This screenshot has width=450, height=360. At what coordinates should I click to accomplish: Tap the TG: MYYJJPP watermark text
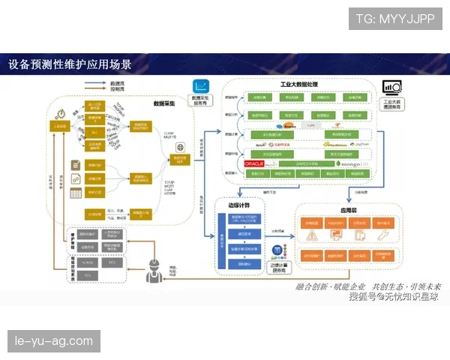click(x=394, y=19)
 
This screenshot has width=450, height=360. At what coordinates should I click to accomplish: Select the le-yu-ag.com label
click(x=53, y=342)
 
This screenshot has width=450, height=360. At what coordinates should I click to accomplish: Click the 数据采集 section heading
click(x=164, y=103)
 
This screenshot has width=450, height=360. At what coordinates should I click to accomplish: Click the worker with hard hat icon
click(x=154, y=268)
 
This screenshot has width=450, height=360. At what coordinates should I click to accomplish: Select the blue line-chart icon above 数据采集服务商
click(x=201, y=86)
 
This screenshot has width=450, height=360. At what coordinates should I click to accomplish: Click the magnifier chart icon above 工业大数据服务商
click(x=391, y=87)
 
